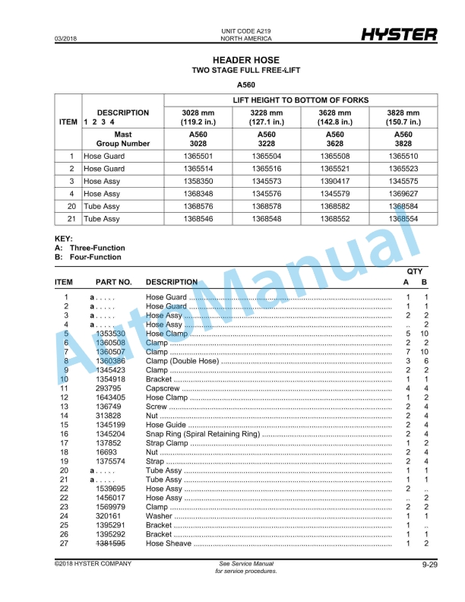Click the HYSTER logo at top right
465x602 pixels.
pyautogui.click(x=399, y=35)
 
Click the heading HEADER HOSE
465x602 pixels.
pyautogui.click(x=245, y=60)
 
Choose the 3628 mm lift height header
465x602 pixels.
pyautogui.click(x=335, y=117)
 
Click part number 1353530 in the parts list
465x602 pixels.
pyautogui.click(x=110, y=334)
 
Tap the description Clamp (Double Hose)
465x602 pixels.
pyautogui.click(x=182, y=361)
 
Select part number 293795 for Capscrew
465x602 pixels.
pyautogui.click(x=107, y=388)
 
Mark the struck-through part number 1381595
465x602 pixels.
pyautogui.click(x=110, y=543)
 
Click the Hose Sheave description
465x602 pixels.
pyautogui.click(x=169, y=543)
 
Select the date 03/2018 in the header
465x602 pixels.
pyautogui.click(x=66, y=38)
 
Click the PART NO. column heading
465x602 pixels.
pyautogui.click(x=114, y=282)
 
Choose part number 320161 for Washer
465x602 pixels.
pyautogui.click(x=107, y=516)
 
